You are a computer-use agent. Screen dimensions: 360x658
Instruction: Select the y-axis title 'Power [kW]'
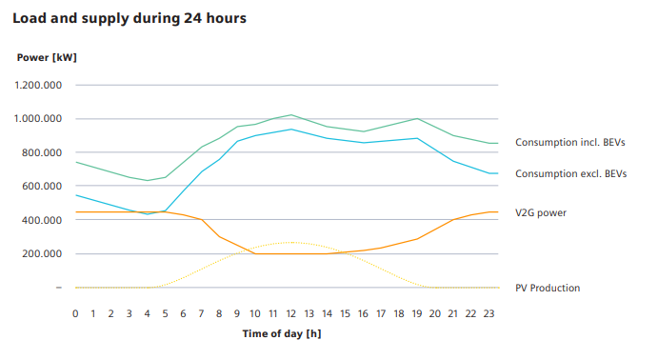47,58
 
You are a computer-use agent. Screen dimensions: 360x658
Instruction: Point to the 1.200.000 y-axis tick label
39,86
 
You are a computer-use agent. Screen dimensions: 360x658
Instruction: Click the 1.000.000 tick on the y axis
39,119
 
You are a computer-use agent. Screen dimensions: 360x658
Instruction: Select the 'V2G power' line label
541,212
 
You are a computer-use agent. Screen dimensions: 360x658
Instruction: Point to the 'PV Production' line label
548,288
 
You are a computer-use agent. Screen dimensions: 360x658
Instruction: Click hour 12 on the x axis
291,312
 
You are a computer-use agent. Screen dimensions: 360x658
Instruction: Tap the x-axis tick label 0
75,312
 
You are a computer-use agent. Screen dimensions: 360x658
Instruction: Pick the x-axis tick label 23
489,312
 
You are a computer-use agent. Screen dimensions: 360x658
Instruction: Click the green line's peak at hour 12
291,115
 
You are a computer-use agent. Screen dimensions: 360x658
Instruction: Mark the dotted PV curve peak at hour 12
291,242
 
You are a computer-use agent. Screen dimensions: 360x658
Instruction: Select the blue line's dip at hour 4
148,214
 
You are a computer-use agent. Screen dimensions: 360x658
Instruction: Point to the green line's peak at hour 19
417,119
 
